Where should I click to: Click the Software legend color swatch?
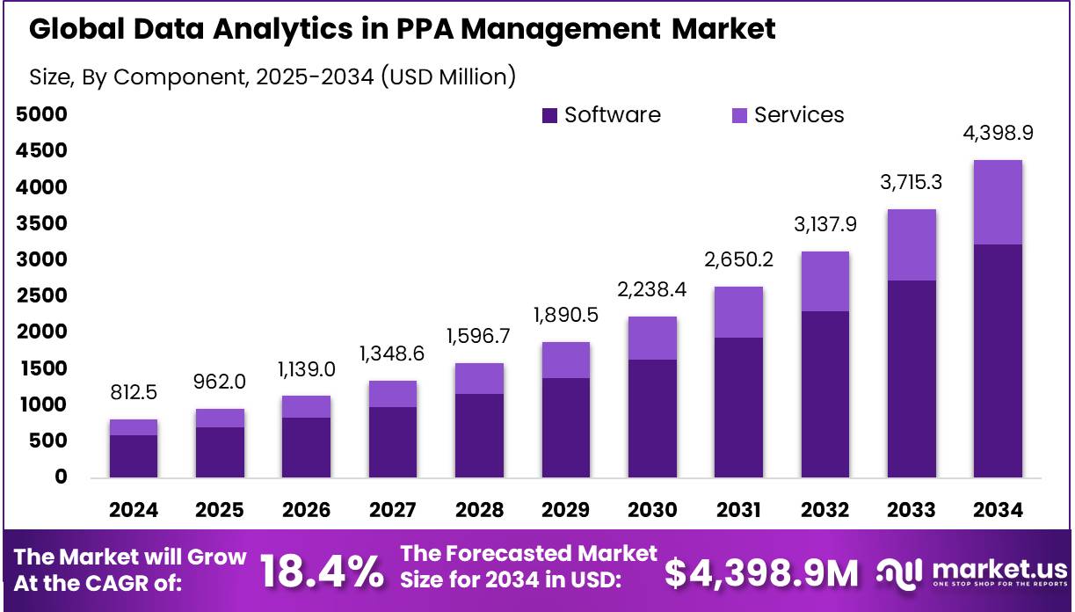click(550, 115)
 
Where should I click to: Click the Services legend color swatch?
click(740, 115)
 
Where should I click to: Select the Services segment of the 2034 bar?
click(999, 202)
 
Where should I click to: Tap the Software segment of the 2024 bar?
click(134, 455)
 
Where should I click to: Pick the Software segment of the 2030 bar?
click(652, 418)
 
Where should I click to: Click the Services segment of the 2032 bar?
click(825, 281)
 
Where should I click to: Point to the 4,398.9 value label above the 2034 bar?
click(997, 134)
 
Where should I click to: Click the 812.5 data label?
click(134, 392)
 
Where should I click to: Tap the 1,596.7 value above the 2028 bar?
click(479, 336)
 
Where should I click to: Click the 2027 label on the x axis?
click(392, 510)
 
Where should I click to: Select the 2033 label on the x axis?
click(912, 510)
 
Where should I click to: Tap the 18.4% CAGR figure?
click(323, 572)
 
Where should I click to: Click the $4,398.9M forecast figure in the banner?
click(761, 572)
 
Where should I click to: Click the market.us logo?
click(972, 572)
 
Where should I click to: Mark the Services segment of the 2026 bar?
click(306, 406)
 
